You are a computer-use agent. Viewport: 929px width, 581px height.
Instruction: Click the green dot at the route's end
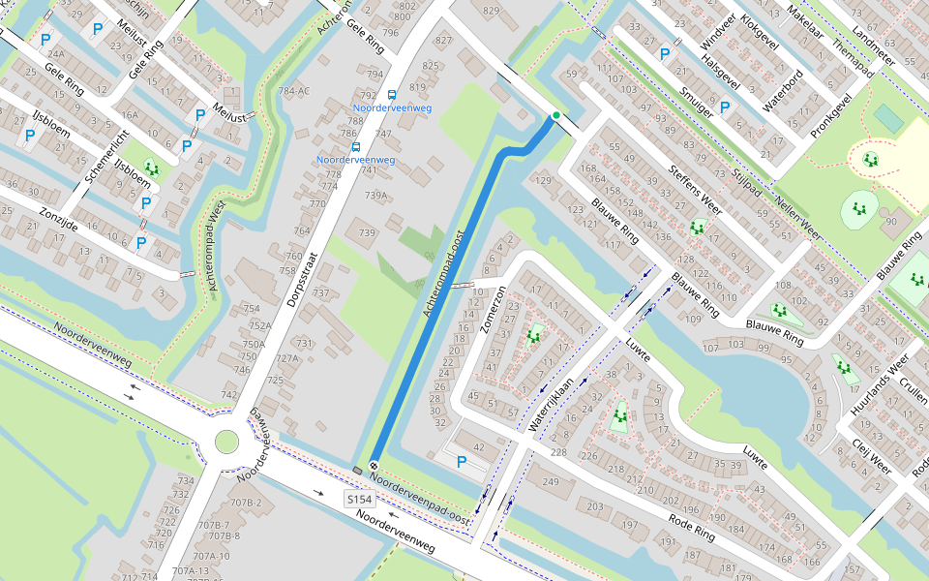(x=555, y=116)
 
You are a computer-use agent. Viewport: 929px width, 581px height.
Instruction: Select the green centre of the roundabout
(x=226, y=443)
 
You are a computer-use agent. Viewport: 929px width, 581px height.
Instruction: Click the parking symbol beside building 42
(x=462, y=463)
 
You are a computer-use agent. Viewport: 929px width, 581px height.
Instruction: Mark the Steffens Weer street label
(x=695, y=190)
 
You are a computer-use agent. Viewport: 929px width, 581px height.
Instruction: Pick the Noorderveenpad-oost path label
(x=421, y=501)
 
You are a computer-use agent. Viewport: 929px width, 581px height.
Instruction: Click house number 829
(x=492, y=11)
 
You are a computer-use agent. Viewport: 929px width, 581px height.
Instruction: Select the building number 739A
(x=375, y=196)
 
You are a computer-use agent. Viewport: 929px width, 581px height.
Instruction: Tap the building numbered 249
(x=551, y=482)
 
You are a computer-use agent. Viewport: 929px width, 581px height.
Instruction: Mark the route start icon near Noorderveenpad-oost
(x=373, y=466)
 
